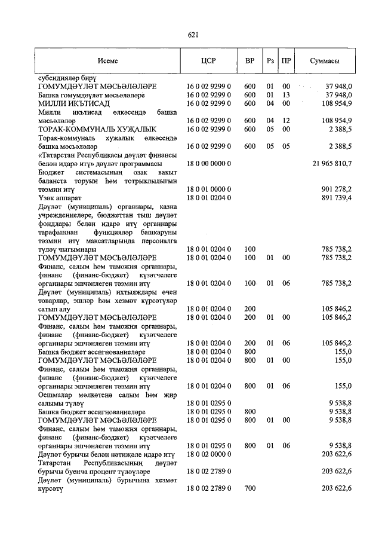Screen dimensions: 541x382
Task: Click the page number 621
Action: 193,35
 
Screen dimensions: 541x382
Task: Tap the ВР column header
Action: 249,61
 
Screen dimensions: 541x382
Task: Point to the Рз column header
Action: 270,61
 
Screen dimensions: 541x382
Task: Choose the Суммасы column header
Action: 325,61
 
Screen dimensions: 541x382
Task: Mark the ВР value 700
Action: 249,489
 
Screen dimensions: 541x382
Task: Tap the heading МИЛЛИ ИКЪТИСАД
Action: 73,103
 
